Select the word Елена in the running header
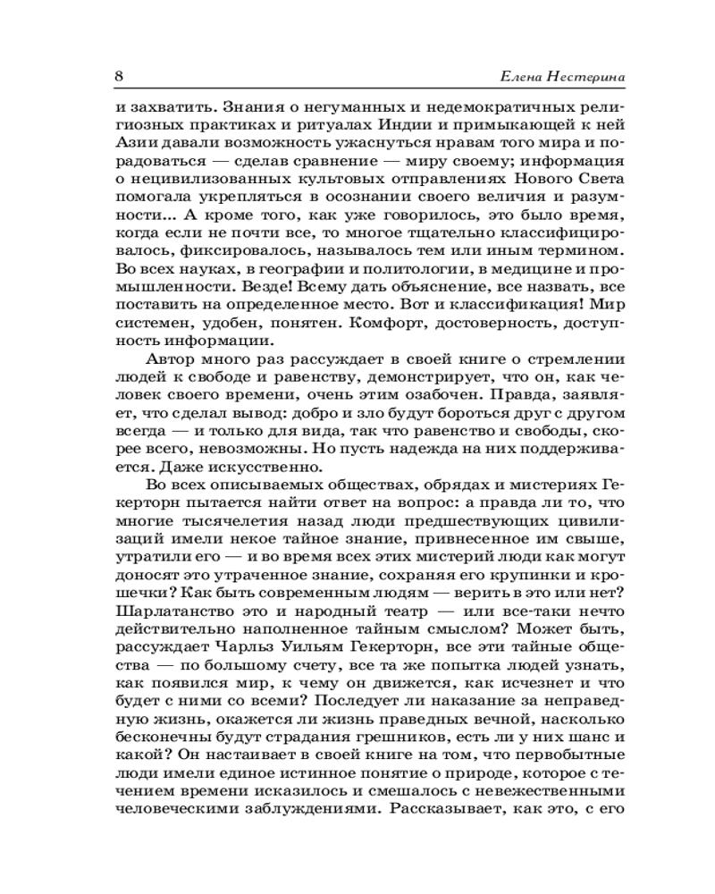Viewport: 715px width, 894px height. (513, 77)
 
